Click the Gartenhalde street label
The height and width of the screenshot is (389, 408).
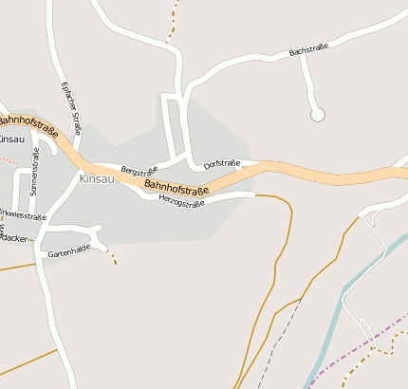(x=68, y=248)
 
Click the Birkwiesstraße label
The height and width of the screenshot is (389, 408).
(x=23, y=215)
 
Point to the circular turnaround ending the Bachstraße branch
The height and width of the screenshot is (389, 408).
(x=318, y=115)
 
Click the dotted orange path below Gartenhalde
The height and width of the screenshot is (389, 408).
(x=111, y=255)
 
